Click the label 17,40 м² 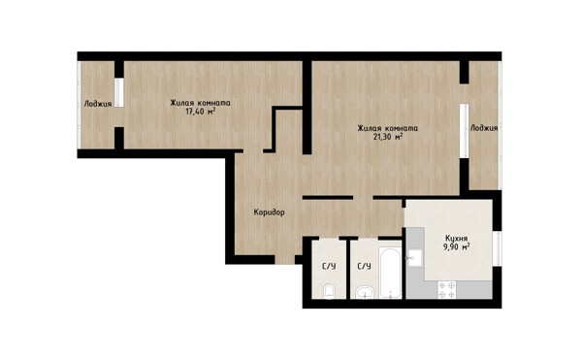[x=201, y=112]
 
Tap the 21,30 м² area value [x=388, y=137]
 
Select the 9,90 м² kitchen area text [x=457, y=246]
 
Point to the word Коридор [x=269, y=213]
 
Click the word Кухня [x=457, y=239]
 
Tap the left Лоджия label [x=98, y=104]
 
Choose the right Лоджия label [x=484, y=128]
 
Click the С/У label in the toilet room [x=329, y=266]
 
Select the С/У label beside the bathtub [x=364, y=266]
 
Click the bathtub [x=390, y=273]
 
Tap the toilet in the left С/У [x=329, y=291]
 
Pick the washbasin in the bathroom [x=366, y=292]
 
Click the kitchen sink [x=414, y=257]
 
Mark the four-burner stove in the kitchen [x=447, y=289]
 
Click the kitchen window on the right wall [x=498, y=248]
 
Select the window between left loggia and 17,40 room [x=119, y=93]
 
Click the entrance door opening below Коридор [x=284, y=259]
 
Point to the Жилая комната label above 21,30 [x=388, y=128]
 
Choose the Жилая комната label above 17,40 [x=201, y=103]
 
